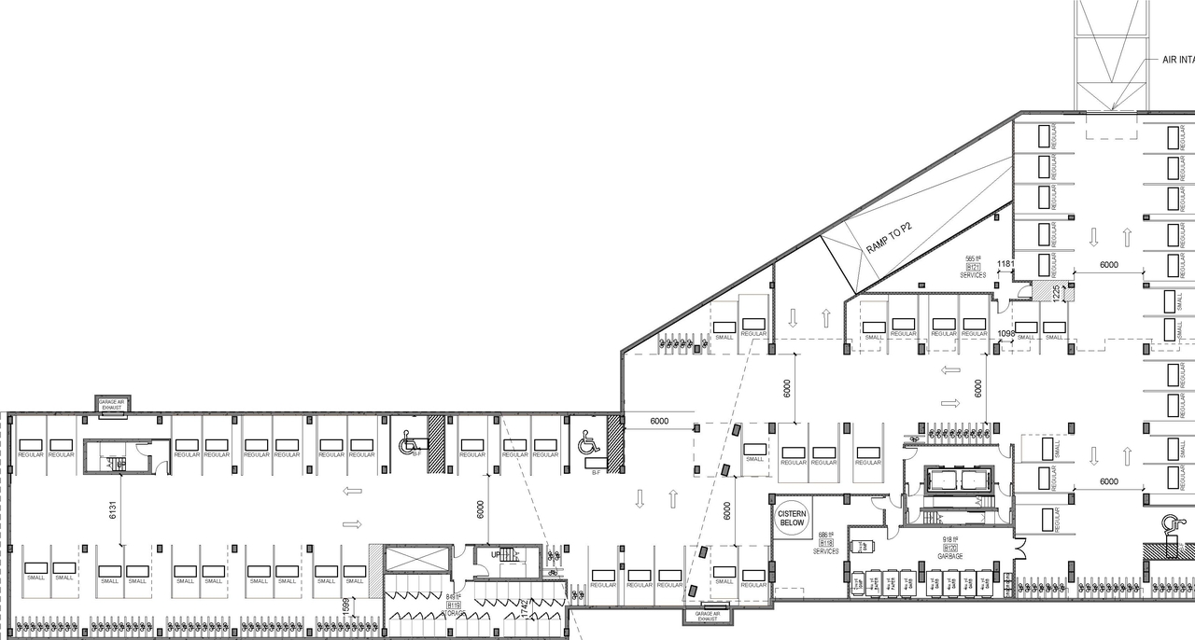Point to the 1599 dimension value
344,605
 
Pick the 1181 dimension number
1005,264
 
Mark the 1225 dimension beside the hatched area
1056,293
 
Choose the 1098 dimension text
1005,333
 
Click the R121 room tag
973,267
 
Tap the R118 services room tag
825,543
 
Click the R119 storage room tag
454,605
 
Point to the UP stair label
496,554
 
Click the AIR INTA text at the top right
1177,60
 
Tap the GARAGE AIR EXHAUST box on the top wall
111,404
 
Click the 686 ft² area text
825,535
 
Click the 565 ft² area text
973,258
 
